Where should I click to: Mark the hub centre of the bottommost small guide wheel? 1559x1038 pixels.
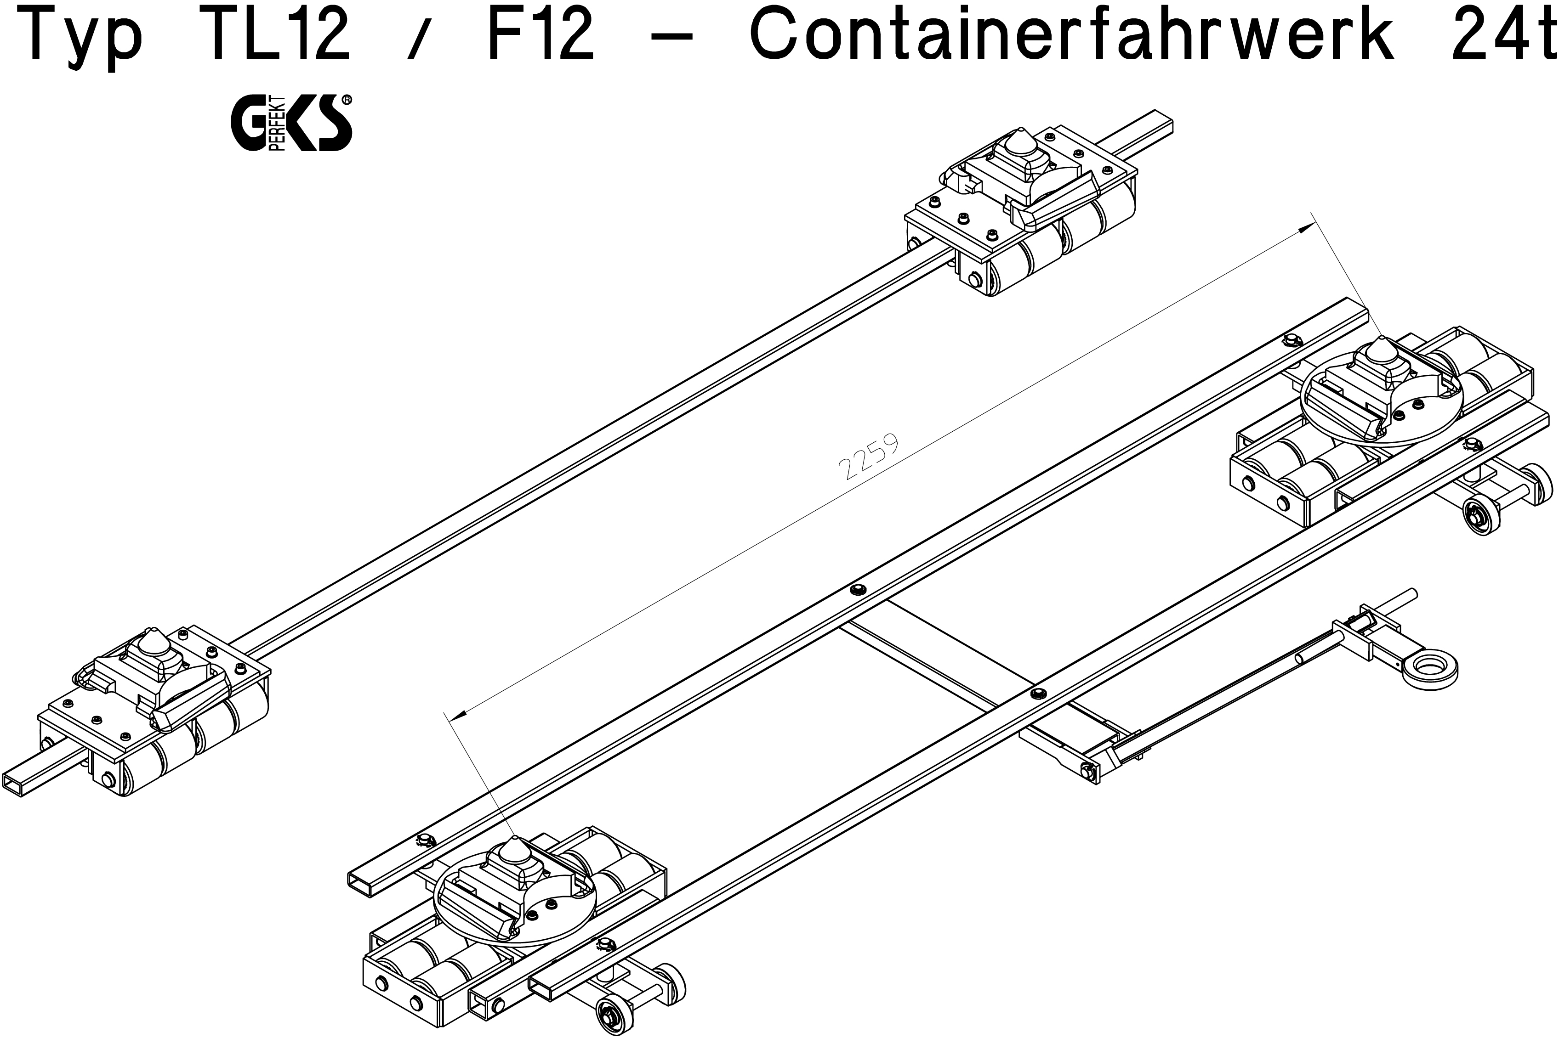pyautogui.click(x=607, y=1011)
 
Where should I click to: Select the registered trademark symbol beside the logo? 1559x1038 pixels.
pyautogui.click(x=347, y=100)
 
